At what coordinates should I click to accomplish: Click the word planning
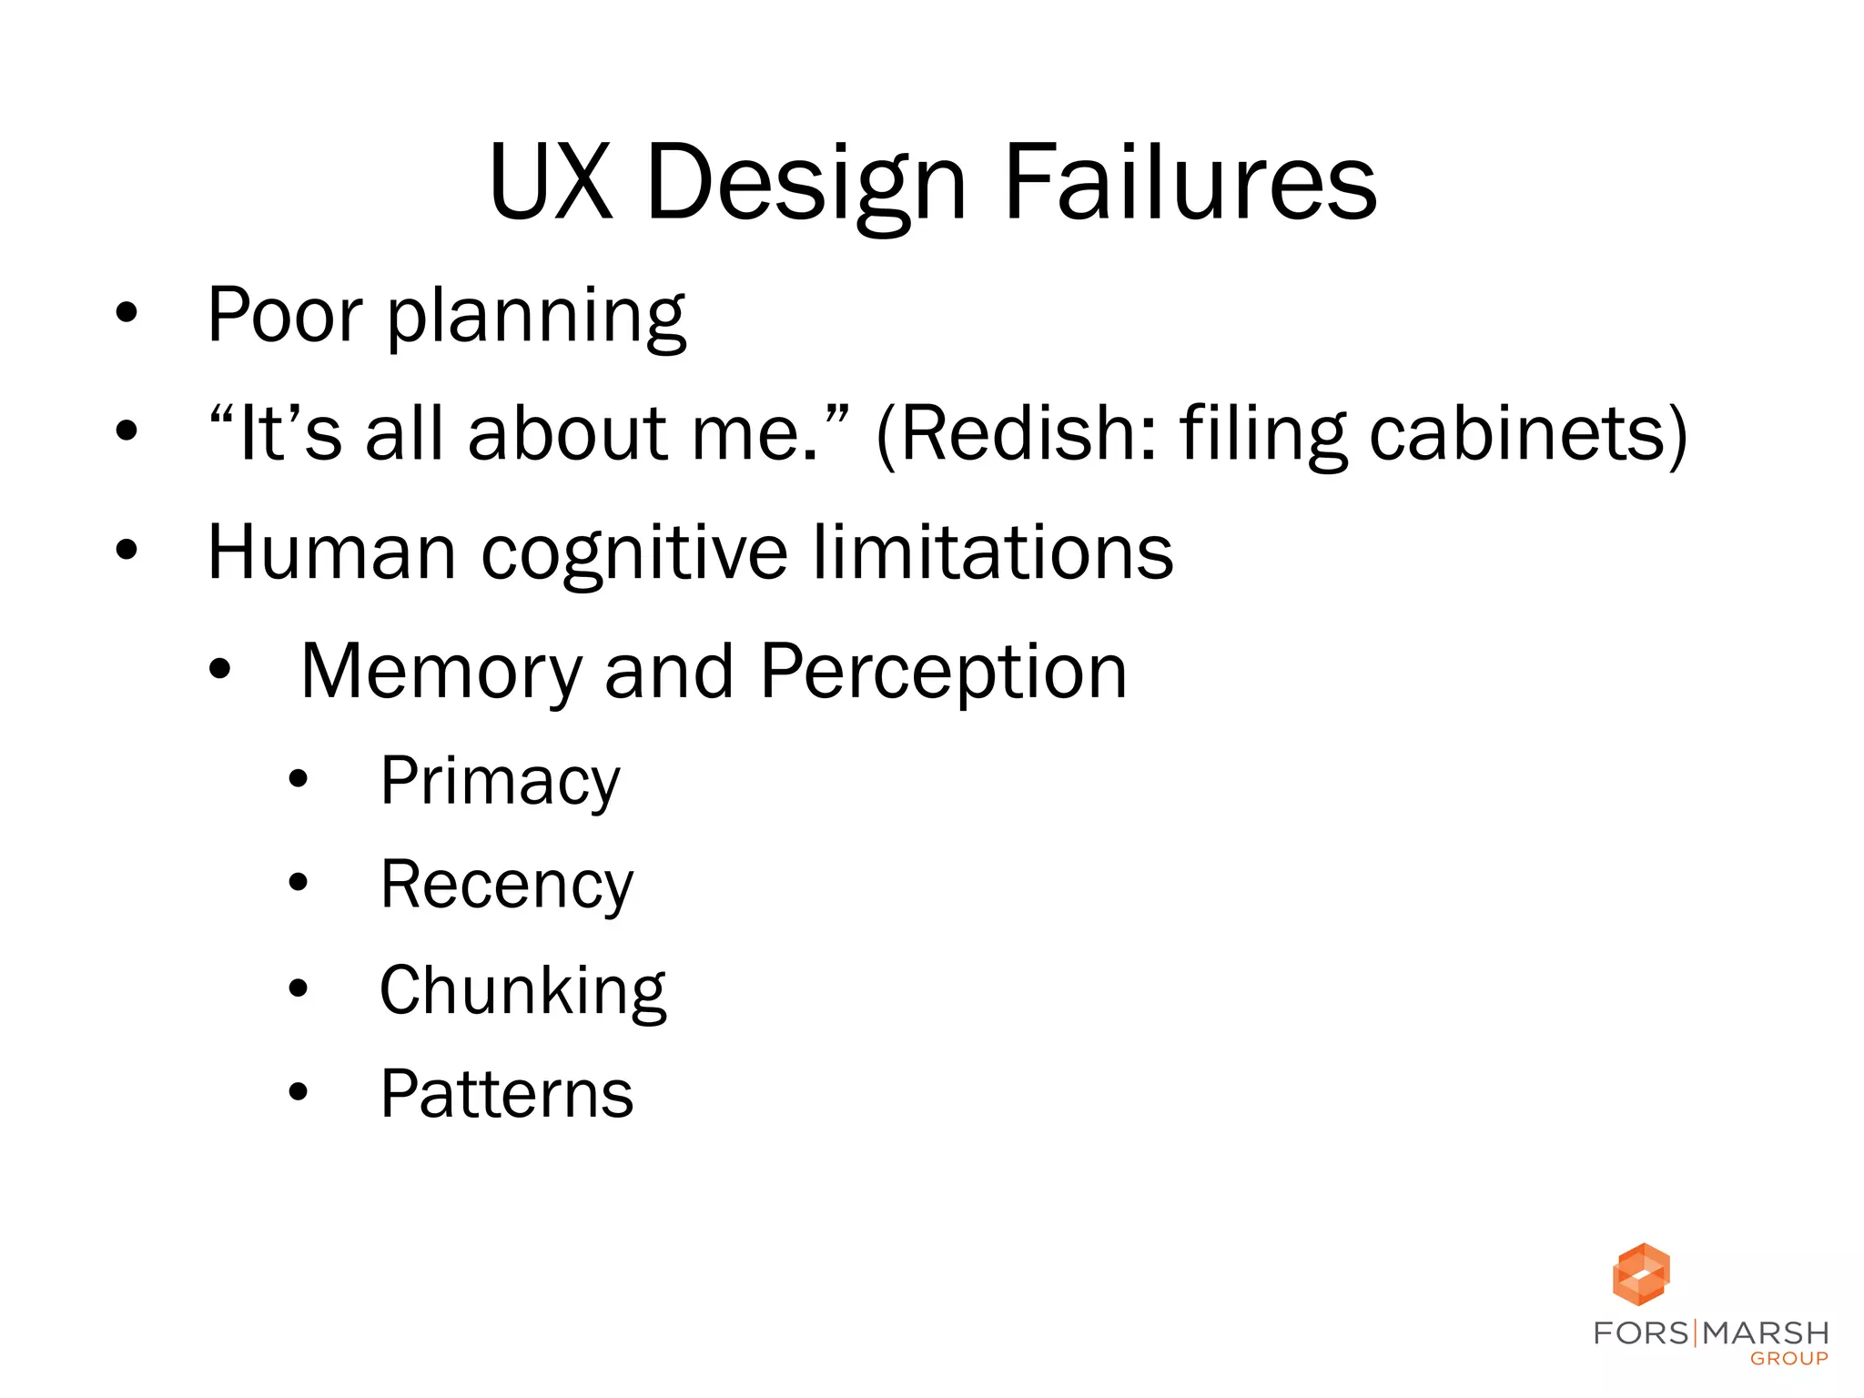pos(536,318)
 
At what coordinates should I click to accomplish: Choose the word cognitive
pos(633,555)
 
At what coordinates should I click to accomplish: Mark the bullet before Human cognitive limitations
pos(127,551)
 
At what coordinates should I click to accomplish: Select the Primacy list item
pos(500,783)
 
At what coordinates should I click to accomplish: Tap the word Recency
pos(506,886)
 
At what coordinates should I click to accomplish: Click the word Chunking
pos(522,992)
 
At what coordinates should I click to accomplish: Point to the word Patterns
pos(506,1094)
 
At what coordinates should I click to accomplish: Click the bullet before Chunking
pos(298,988)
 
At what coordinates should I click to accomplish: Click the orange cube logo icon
pos(1640,1273)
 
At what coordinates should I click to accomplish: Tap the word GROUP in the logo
pos(1788,1359)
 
